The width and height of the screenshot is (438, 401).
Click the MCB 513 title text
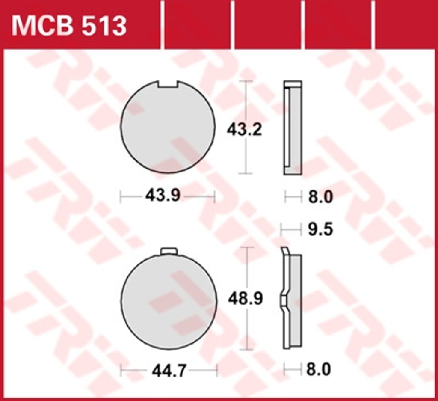69,26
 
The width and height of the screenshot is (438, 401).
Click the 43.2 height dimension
244,130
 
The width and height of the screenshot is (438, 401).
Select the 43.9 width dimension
163,196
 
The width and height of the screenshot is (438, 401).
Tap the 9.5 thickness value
320,229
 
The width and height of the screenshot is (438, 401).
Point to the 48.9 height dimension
245,298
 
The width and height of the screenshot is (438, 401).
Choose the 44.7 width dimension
169,371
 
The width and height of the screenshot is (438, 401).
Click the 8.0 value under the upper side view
320,197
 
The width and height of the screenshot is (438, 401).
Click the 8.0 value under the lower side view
318,369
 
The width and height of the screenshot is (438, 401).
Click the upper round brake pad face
168,127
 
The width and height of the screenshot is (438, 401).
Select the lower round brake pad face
169,302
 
